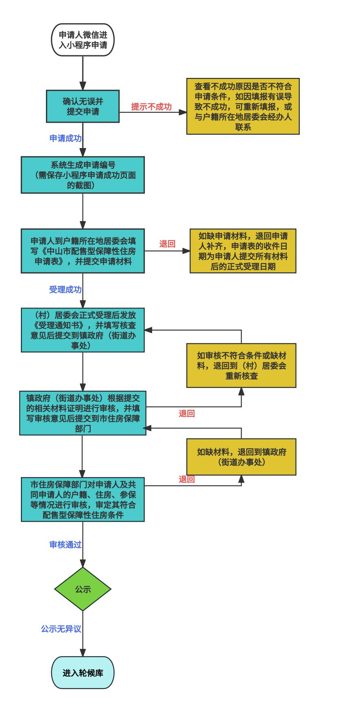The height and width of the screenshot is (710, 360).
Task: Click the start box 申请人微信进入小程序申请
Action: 82,40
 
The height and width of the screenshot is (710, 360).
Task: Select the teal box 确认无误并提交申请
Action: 82,106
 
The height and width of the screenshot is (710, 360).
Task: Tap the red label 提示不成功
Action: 151,107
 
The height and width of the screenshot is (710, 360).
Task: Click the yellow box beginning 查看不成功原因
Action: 243,106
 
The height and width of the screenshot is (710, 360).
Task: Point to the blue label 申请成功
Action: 66,138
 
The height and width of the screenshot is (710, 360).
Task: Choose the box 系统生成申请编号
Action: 82,175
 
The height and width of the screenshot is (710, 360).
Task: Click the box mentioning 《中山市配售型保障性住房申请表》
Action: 82,251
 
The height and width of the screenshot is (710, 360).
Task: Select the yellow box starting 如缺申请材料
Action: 243,251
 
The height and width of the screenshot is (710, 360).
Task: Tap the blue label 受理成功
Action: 66,290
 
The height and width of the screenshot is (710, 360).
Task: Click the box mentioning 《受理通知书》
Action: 82,330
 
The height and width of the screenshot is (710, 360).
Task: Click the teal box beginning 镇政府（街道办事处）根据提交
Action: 82,413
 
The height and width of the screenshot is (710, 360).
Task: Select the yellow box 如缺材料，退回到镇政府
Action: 241,457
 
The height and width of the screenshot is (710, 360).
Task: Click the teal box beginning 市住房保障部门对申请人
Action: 82,499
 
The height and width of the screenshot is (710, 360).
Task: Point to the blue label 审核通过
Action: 66,545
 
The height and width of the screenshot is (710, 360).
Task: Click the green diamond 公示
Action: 82,589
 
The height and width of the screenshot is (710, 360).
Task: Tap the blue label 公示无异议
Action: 61,629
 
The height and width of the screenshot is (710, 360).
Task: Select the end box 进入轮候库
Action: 82,673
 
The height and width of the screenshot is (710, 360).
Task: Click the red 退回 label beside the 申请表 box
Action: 167,244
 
